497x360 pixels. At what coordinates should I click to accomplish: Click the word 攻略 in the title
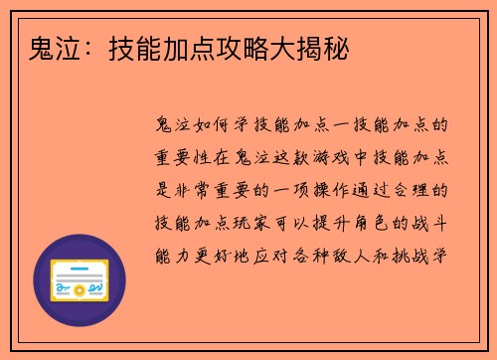click(x=263, y=46)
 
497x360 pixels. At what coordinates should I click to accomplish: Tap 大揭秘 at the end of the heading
click(x=317, y=46)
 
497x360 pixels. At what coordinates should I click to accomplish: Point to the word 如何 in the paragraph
click(x=218, y=126)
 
